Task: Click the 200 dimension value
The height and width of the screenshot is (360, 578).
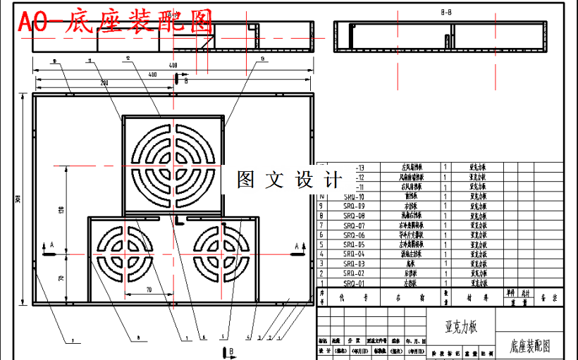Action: (104, 84)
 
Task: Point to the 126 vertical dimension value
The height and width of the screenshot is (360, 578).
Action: (61, 209)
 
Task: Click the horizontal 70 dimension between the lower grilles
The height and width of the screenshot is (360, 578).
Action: (149, 289)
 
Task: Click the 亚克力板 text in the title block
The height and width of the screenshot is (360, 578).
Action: (461, 328)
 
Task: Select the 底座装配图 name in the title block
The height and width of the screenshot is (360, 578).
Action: (529, 347)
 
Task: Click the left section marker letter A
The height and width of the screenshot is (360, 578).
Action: (51, 244)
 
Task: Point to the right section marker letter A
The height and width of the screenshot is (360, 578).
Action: (294, 244)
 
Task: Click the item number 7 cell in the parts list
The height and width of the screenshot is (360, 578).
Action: (321, 225)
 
